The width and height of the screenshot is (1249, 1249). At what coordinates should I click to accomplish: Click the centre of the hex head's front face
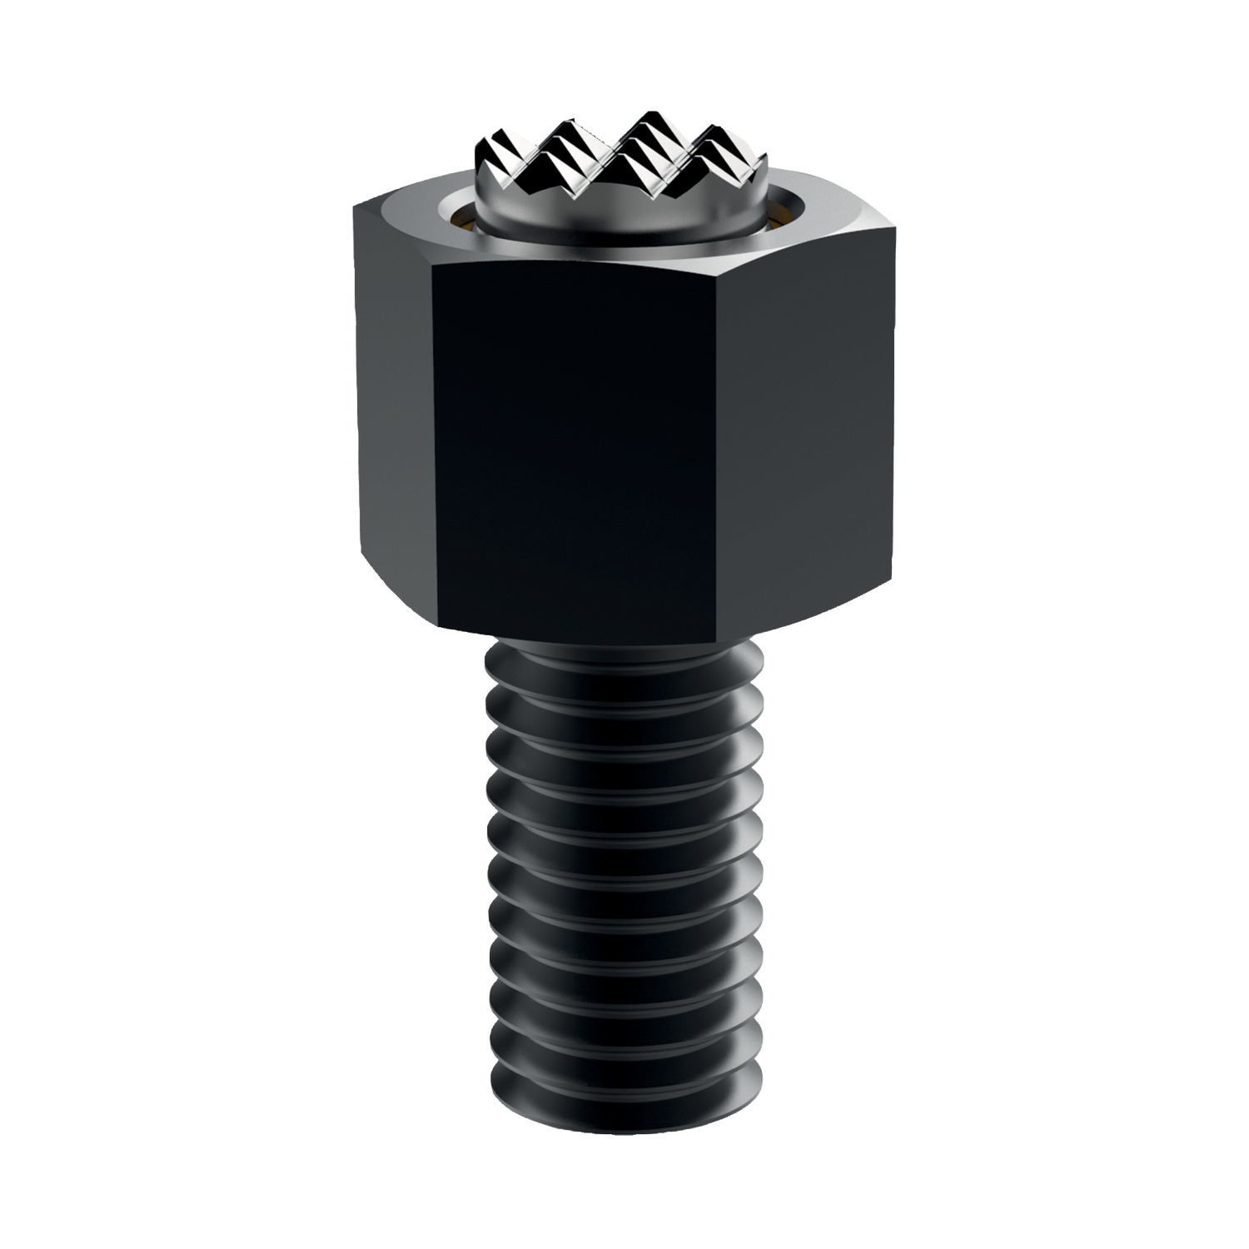tap(575, 450)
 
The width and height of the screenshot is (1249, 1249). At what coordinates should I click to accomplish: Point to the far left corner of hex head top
tap(354, 204)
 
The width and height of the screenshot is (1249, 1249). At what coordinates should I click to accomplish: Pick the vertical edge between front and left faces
tap(435, 450)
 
